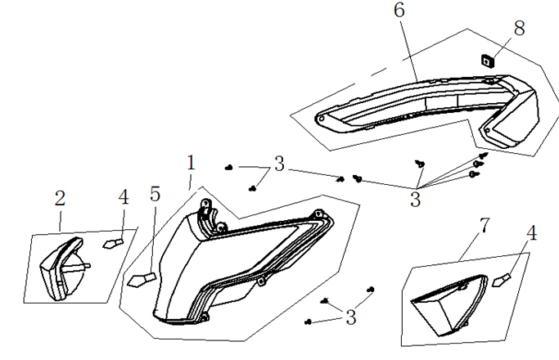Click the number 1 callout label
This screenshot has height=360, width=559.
[x=191, y=162]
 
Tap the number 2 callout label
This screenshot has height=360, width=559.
[x=60, y=198]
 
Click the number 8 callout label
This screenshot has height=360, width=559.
[x=518, y=27]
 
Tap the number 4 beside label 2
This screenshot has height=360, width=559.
[x=123, y=197]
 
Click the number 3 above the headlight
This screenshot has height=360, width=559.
[x=280, y=164]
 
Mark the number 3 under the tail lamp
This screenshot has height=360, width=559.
[x=416, y=199]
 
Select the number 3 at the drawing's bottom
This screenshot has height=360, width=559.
[x=350, y=317]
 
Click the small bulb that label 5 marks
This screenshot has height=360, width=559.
[x=141, y=279]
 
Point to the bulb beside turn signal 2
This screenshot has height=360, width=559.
[x=112, y=243]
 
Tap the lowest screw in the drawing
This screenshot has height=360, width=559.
[x=309, y=321]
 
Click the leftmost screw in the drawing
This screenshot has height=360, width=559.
[x=228, y=167]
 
